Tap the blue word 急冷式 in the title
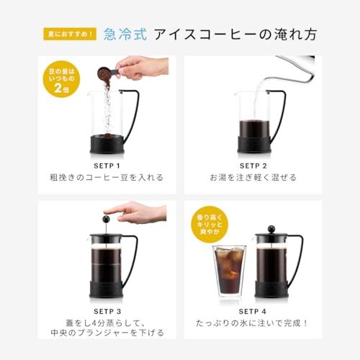click(x=124, y=34)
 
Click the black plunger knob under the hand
click(x=106, y=219)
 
